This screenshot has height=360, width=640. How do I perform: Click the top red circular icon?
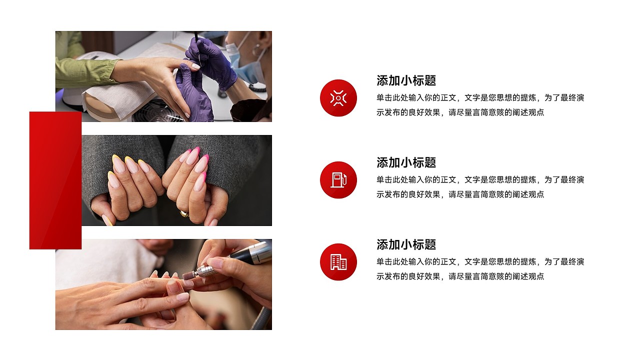[338, 98]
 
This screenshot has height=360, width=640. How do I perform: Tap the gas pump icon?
[338, 180]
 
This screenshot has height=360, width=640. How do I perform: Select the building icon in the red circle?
[338, 262]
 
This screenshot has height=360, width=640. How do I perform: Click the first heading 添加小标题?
[406, 80]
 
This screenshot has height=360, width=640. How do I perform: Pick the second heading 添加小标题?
[406, 162]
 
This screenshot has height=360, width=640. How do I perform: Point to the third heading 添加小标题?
[406, 244]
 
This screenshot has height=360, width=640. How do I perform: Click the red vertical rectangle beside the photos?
[55, 180]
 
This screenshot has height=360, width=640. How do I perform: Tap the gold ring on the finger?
[184, 213]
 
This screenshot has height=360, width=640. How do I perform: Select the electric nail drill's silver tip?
[202, 271]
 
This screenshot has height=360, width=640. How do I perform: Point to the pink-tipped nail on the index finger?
[201, 164]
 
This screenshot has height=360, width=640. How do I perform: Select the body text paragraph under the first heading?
[480, 105]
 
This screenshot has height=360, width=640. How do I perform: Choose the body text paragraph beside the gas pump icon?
[480, 187]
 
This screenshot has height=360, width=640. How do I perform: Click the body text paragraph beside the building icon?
[480, 269]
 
